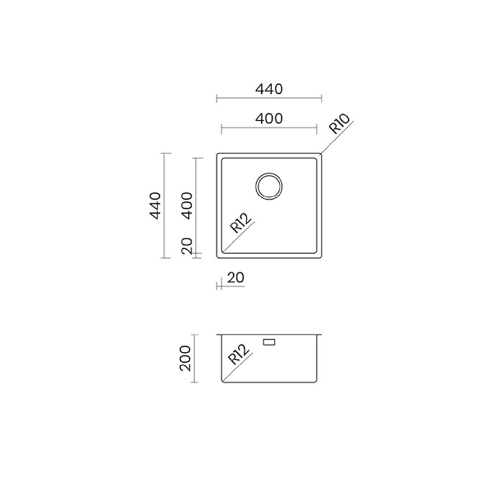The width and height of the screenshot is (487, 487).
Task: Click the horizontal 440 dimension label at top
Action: (x=269, y=89)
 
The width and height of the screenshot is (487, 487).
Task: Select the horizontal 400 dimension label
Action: (x=269, y=119)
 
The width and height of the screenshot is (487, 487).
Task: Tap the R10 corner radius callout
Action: (x=339, y=124)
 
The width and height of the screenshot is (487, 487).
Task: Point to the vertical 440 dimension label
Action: (x=155, y=206)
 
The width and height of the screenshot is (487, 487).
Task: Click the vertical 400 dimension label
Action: (x=187, y=206)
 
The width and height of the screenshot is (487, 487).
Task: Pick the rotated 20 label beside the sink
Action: (x=187, y=246)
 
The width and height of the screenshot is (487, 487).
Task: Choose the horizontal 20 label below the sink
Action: (x=236, y=278)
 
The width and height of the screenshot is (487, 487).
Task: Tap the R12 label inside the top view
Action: (x=240, y=223)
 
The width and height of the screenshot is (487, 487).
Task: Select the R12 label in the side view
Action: (x=238, y=355)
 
